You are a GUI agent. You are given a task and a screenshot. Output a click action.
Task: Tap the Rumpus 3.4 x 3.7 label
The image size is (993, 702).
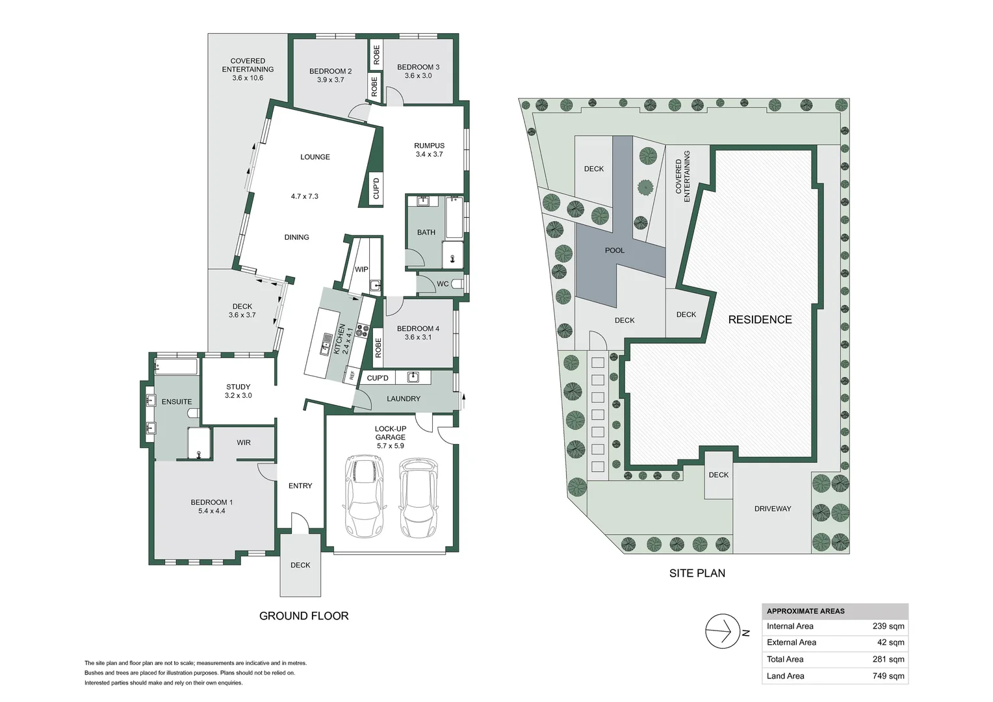click(429, 150)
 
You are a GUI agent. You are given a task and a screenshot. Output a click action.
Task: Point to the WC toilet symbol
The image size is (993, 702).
click(458, 283)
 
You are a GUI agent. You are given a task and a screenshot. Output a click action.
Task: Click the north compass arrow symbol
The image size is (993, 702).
click(723, 631)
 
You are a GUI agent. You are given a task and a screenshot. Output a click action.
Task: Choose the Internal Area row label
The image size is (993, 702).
click(790, 627)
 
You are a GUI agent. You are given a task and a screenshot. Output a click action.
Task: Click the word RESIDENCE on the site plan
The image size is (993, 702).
click(760, 320)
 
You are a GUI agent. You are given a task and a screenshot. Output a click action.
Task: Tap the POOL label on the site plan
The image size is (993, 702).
click(614, 250)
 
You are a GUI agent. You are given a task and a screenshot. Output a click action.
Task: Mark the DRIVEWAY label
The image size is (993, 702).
click(772, 509)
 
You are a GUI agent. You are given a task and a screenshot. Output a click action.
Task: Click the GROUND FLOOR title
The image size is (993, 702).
click(303, 616)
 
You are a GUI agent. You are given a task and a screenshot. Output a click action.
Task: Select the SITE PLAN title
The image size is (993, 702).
click(697, 573)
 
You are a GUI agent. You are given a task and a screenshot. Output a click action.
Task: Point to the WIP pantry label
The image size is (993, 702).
click(361, 269)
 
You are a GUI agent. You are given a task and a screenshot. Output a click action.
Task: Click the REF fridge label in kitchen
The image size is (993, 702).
click(352, 374)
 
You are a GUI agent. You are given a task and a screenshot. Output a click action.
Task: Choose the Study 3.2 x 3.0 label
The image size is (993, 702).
click(238, 391)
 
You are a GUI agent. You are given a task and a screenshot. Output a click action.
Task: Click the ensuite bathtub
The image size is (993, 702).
click(176, 367)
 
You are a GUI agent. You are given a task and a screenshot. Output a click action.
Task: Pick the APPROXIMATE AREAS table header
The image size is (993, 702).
click(805, 612)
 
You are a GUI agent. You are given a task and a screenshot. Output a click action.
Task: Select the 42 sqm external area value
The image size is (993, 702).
click(890, 643)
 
